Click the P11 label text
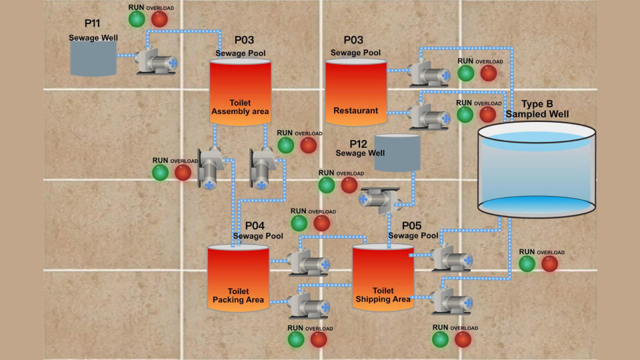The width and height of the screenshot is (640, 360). tap(92, 23)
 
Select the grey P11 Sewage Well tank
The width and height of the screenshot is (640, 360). tap(93, 59)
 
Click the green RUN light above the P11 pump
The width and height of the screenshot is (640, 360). tap(137, 19)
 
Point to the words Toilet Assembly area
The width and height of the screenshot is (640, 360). tap(240, 107)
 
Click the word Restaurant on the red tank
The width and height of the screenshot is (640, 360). tap(355, 111)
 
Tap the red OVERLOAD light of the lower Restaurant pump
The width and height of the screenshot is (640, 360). tap(488, 115)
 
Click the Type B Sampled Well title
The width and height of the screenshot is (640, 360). tap(537, 109)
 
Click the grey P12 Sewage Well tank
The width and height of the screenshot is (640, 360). tap(397, 152)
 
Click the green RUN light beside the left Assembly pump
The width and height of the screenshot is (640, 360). tap(160, 173)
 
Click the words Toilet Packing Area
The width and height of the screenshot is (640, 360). tap(238, 296)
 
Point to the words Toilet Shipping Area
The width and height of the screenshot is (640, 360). tap(383, 295)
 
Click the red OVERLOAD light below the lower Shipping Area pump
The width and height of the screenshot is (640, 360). tap(463, 339)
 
